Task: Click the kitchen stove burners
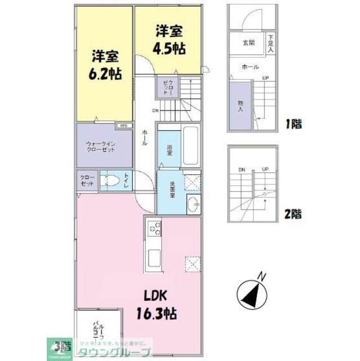[x=154, y=229]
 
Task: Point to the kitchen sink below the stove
[x=154, y=258]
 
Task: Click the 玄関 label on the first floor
[x=248, y=43]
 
